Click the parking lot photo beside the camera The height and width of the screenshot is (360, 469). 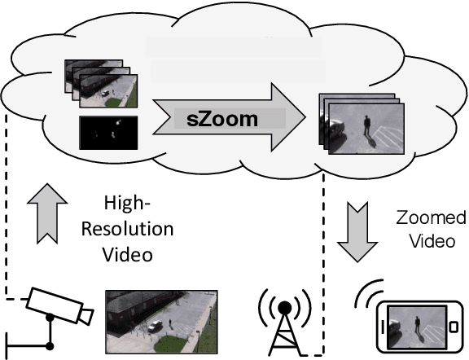click(161, 318)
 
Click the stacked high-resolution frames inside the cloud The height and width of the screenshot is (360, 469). click(97, 86)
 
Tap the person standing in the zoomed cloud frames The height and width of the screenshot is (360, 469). click(367, 125)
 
